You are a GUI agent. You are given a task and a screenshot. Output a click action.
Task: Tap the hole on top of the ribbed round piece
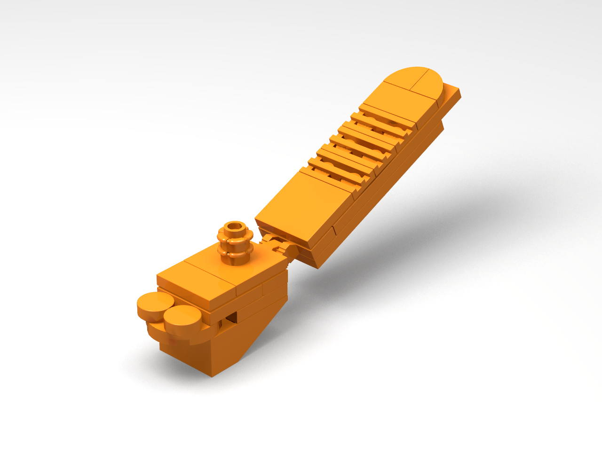pyautogui.click(x=234, y=228)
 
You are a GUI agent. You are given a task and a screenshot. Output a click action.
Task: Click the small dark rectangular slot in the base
pyautogui.click(x=230, y=319)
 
